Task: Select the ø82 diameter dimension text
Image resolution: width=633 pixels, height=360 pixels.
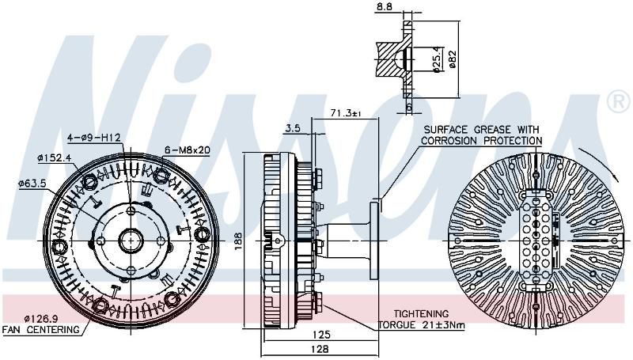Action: pyautogui.click(x=452, y=59)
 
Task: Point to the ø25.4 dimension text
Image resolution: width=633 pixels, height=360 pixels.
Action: pyautogui.click(x=437, y=59)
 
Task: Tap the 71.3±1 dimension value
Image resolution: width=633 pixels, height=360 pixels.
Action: pyautogui.click(x=345, y=113)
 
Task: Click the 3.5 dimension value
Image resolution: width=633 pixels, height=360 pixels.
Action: pyautogui.click(x=292, y=128)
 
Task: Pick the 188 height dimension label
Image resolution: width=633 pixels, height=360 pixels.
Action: pyautogui.click(x=239, y=241)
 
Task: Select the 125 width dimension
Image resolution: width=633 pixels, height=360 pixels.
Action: pyautogui.click(x=321, y=335)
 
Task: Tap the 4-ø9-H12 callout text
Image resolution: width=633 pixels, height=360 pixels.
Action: pyautogui.click(x=94, y=138)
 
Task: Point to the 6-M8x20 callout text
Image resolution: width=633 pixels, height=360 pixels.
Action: pyautogui.click(x=188, y=150)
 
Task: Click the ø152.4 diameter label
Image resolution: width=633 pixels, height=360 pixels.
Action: pyautogui.click(x=54, y=157)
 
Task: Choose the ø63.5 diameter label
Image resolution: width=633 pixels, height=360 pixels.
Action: pyautogui.click(x=32, y=184)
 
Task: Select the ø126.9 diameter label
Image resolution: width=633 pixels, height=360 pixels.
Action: pyautogui.click(x=41, y=318)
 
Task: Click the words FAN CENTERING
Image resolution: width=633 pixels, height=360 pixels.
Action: pyautogui.click(x=41, y=330)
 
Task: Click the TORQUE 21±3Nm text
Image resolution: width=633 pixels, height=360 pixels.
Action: pyautogui.click(x=422, y=325)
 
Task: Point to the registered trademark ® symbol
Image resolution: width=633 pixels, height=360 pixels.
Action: pyautogui.click(x=618, y=102)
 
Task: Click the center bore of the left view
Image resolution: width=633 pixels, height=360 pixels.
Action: pyautogui.click(x=131, y=241)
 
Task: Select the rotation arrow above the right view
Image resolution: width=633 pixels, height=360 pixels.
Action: pyautogui.click(x=601, y=162)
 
